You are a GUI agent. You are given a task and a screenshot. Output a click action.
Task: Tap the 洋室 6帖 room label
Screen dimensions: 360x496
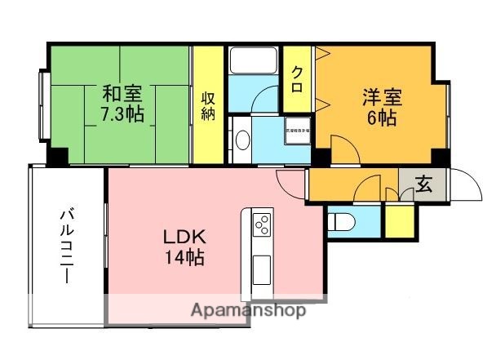pos(380,106)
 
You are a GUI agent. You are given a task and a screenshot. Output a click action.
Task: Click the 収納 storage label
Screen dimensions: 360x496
pos(208,104)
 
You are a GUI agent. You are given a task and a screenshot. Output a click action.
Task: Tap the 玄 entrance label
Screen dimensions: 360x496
pos(423,184)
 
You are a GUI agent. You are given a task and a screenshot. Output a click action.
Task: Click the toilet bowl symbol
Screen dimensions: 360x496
pos(343,220)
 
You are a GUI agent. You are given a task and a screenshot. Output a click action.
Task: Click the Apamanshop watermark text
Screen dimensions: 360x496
pos(249,311)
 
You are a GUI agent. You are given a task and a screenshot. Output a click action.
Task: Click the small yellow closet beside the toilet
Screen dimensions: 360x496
pos(399,221)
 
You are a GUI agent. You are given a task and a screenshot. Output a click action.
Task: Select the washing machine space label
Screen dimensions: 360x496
pos(296,131)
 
